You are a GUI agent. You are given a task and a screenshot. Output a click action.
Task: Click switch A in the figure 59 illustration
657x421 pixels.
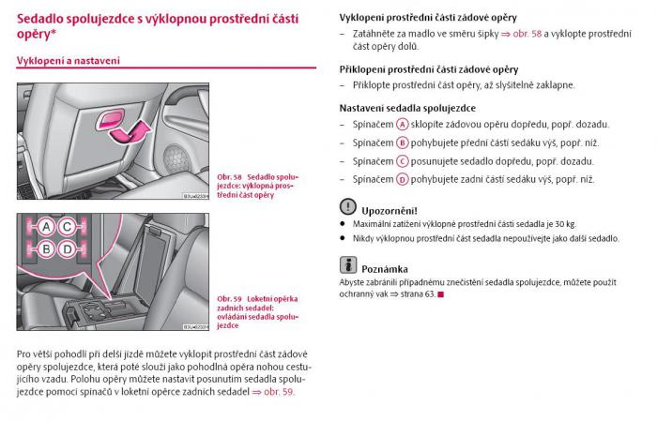[44, 226]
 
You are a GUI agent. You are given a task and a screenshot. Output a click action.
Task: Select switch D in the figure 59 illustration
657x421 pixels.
[68, 249]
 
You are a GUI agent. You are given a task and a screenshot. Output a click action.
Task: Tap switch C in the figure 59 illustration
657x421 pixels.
[68, 226]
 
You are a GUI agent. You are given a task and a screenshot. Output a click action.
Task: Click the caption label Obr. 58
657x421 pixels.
[230, 176]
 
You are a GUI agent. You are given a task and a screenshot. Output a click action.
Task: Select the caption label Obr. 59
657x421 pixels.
[230, 297]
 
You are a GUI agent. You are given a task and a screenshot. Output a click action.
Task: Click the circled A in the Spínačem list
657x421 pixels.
[402, 124]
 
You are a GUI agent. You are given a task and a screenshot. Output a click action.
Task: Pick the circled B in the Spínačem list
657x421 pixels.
[402, 143]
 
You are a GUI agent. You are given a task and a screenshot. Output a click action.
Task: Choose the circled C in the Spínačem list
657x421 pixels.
[402, 160]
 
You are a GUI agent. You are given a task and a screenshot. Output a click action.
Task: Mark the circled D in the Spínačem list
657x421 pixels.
[402, 179]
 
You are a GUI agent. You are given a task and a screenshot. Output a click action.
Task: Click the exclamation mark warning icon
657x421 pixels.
[348, 207]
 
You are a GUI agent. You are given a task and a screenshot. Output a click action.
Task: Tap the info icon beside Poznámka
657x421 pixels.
[348, 264]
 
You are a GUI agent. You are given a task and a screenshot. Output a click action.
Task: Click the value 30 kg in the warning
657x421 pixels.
[563, 224]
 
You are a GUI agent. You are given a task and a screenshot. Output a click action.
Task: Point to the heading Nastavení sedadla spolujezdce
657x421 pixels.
[406, 108]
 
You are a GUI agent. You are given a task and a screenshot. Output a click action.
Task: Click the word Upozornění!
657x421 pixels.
[390, 211]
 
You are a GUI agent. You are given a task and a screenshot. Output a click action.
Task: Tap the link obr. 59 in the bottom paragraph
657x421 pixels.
[279, 392]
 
